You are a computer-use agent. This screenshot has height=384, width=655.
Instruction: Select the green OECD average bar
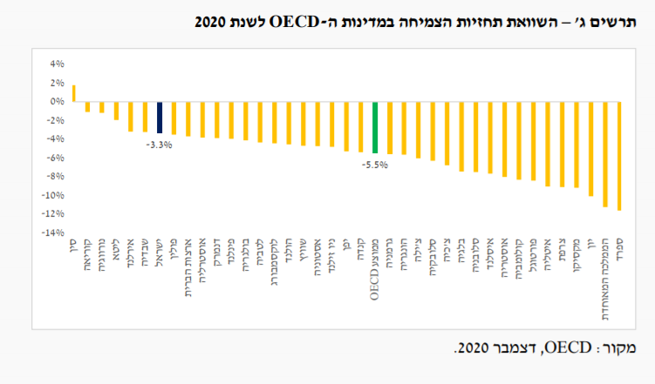click(375, 127)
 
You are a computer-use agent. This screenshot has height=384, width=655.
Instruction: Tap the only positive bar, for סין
click(73, 92)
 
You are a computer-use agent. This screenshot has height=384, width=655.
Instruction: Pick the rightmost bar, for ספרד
click(619, 155)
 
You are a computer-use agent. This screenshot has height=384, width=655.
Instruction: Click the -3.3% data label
click(159, 145)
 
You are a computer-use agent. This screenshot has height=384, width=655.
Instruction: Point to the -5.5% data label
click(375, 164)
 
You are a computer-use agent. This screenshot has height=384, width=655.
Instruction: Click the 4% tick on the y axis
click(57, 64)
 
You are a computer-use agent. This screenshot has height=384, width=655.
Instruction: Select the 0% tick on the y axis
click(57, 101)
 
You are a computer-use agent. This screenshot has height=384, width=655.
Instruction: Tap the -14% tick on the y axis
click(54, 232)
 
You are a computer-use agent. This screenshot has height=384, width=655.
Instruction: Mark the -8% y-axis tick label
click(56, 176)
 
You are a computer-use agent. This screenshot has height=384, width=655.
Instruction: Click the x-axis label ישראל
click(160, 257)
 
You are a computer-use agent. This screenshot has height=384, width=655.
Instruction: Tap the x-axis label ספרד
click(619, 253)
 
